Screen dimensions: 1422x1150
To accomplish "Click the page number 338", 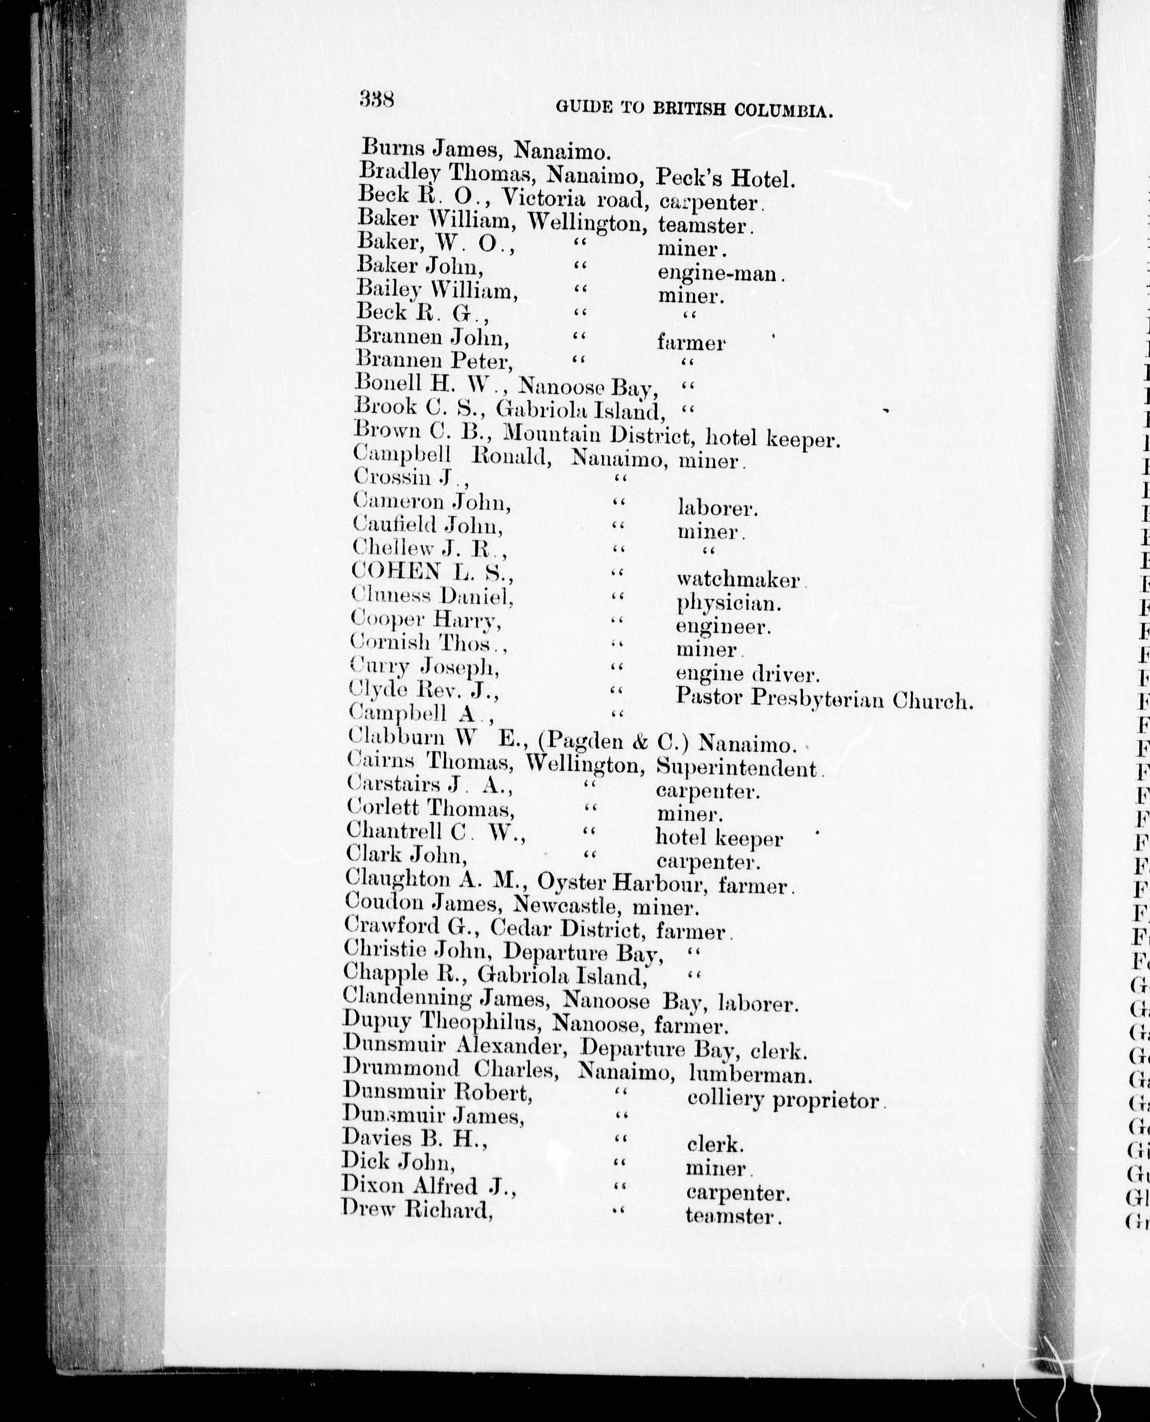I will [x=377, y=101].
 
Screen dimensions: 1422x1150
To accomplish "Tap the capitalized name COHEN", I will [x=396, y=571].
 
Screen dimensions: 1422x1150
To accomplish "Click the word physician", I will [x=727, y=603].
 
